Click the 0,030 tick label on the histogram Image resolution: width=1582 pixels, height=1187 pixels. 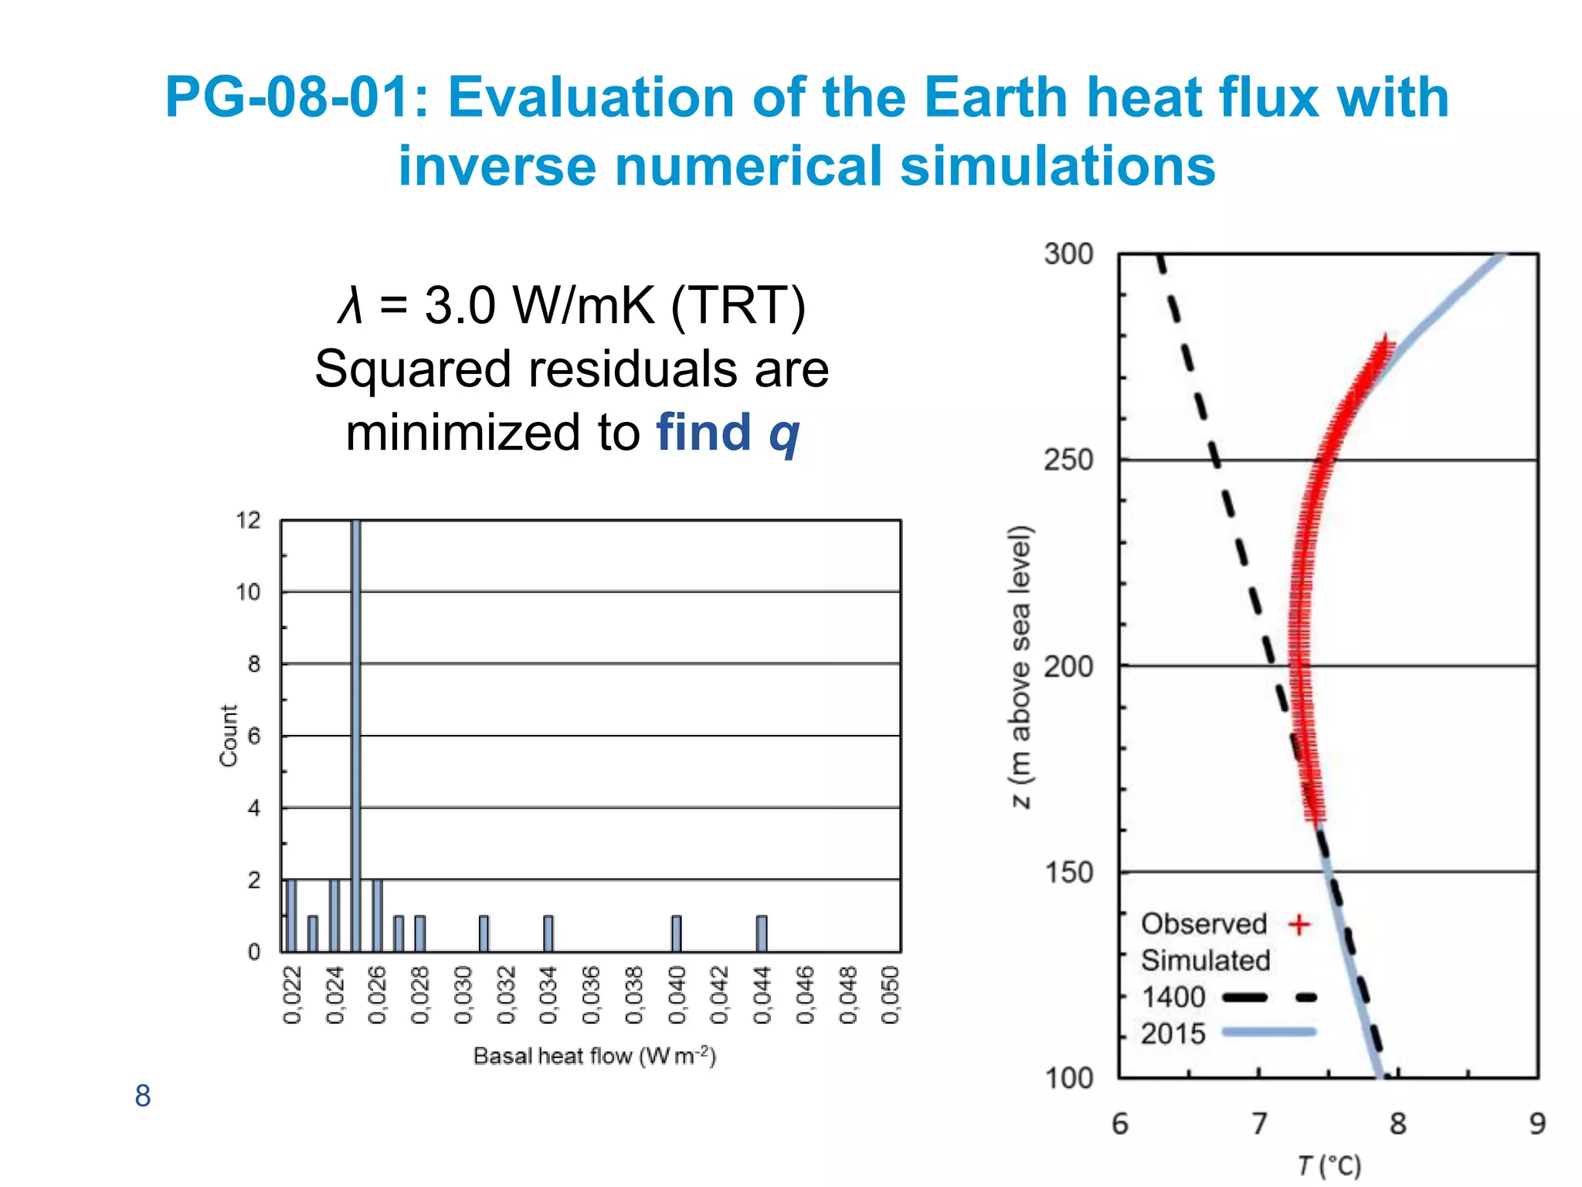[x=463, y=995]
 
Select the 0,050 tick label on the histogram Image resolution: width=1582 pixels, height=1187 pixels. [x=891, y=995]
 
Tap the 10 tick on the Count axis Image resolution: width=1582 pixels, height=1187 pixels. [x=248, y=593]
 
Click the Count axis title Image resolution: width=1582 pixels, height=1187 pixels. [x=229, y=736]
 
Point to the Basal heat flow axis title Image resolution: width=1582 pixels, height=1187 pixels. [x=595, y=1056]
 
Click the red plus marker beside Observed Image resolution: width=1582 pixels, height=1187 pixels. [x=1299, y=924]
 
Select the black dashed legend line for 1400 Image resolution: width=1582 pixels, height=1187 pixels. [x=1269, y=998]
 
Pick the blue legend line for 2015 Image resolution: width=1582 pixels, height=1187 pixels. [x=1269, y=1032]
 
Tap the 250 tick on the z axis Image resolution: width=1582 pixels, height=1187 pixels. [x=1068, y=461]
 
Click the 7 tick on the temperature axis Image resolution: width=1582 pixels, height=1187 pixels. [x=1259, y=1124]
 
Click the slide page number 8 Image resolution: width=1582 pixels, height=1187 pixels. [x=143, y=1096]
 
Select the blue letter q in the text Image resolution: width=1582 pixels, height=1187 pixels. [x=784, y=434]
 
